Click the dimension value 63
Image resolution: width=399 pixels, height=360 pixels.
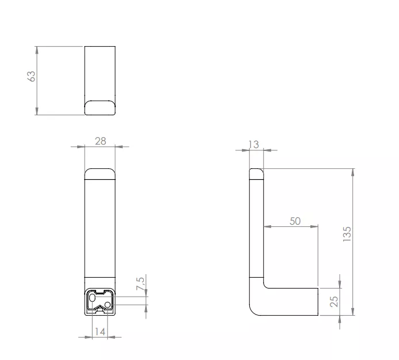(x=31, y=76)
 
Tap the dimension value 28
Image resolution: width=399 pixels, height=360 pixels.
(x=101, y=141)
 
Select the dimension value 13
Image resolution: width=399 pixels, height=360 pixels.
(x=254, y=145)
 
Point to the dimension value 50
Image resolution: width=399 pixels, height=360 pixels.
(x=295, y=221)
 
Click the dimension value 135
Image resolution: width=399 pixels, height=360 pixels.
(x=347, y=234)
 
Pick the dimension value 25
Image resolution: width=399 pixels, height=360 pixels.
(x=334, y=301)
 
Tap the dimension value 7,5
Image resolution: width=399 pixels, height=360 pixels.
(x=140, y=283)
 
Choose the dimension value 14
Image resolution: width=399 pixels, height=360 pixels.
(x=100, y=331)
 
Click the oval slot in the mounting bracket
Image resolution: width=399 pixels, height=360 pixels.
(x=93, y=298)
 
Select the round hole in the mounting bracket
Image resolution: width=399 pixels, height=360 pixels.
(x=108, y=305)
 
